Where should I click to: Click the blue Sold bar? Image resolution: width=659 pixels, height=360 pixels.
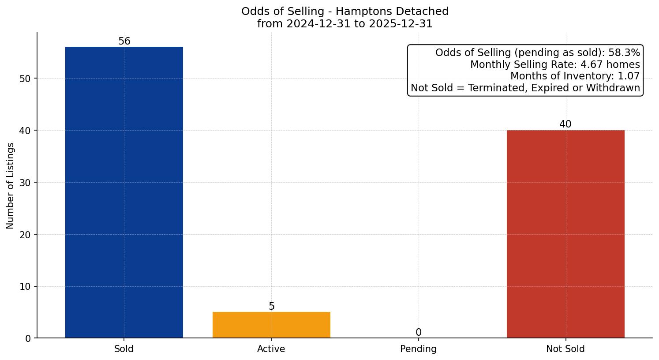click(x=124, y=192)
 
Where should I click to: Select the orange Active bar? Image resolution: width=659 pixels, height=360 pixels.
click(x=271, y=325)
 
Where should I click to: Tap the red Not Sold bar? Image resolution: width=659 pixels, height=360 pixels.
click(x=565, y=234)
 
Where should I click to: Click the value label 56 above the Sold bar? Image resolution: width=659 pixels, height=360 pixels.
click(x=124, y=41)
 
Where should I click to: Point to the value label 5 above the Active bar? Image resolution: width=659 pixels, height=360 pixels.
click(x=272, y=307)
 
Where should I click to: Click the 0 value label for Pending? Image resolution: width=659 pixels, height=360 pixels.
click(x=419, y=333)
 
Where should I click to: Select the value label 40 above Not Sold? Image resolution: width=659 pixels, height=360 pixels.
click(x=565, y=124)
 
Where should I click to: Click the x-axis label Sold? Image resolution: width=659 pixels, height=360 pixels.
click(x=124, y=349)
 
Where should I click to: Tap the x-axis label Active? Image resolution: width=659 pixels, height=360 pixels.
click(x=271, y=349)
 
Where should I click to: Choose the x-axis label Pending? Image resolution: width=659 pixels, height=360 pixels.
click(x=418, y=349)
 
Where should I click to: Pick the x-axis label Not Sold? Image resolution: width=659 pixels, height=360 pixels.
click(x=565, y=349)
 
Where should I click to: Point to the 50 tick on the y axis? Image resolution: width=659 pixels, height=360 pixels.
click(x=25, y=79)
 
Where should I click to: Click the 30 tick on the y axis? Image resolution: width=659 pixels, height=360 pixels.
click(x=25, y=183)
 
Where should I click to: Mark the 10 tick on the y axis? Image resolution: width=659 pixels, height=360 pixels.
click(x=25, y=287)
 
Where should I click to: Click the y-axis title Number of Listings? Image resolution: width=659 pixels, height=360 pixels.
click(x=11, y=185)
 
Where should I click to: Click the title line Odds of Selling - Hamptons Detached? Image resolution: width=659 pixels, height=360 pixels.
click(x=345, y=11)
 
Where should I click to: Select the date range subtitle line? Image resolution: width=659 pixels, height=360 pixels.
click(x=345, y=24)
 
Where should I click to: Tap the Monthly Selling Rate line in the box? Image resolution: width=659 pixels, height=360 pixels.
click(x=555, y=64)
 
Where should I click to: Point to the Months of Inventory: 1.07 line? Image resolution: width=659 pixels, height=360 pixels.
click(x=575, y=76)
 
